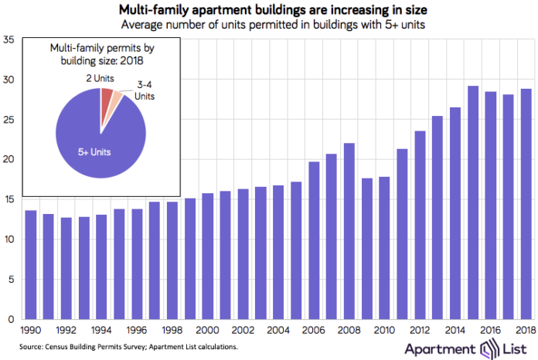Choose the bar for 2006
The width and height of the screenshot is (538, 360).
pyautogui.click(x=315, y=240)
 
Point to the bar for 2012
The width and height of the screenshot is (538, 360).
pyautogui.click(x=421, y=225)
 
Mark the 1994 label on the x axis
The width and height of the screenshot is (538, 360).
pyautogui.click(x=102, y=330)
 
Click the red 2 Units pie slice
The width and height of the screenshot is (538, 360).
pyautogui.click(x=107, y=99)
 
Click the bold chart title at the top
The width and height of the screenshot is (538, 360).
pyautogui.click(x=269, y=11)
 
